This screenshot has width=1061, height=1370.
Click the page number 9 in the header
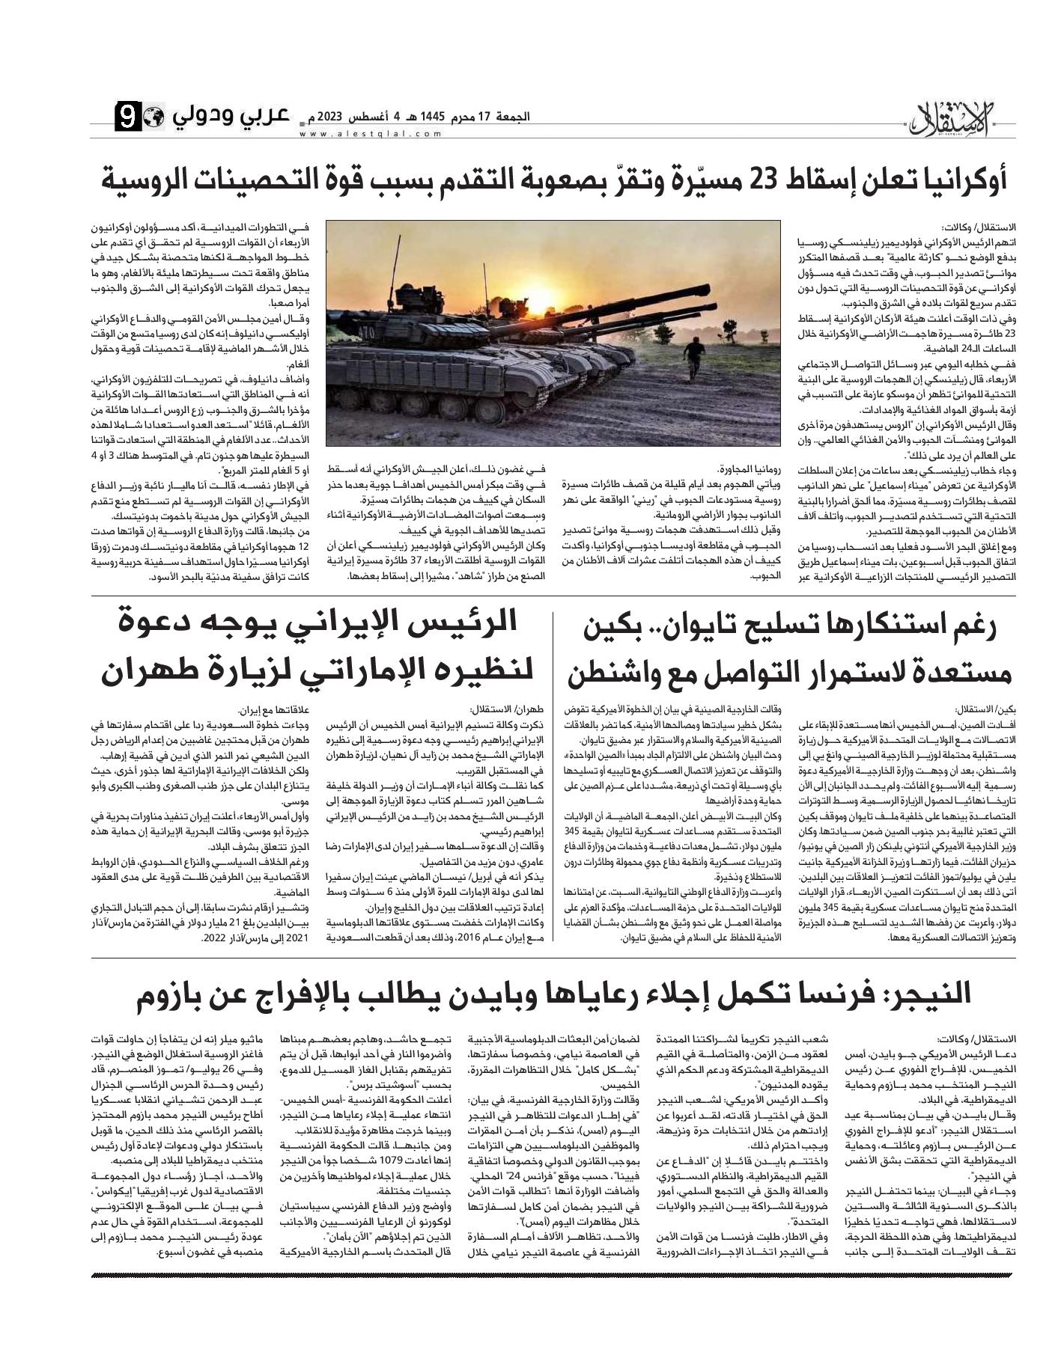click(x=127, y=117)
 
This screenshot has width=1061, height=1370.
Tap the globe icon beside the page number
click(x=153, y=117)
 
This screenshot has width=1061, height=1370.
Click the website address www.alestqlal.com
click(x=371, y=134)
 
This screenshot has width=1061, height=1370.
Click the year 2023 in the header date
click(x=330, y=117)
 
